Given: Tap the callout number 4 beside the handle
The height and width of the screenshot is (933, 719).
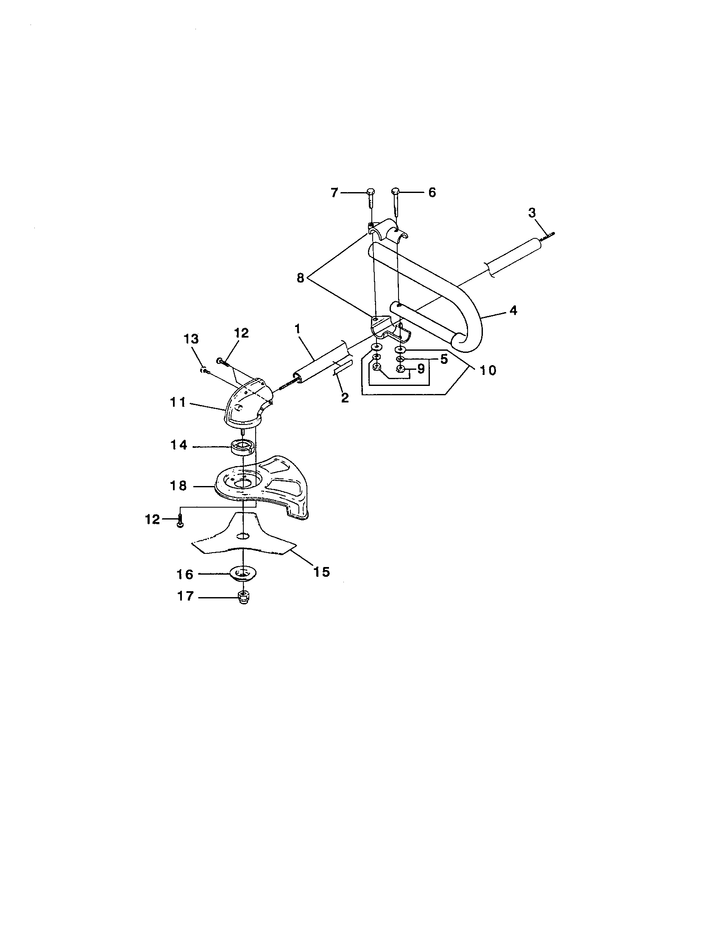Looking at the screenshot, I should [x=513, y=310].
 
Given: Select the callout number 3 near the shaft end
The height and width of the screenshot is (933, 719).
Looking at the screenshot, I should [x=532, y=212].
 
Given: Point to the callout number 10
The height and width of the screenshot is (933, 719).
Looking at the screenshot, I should [x=488, y=370].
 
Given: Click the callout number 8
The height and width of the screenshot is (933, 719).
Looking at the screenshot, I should [x=301, y=278].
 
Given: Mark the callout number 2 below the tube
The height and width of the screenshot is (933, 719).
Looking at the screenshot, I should [x=345, y=398].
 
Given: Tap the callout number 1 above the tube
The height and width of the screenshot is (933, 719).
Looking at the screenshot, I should [x=297, y=329].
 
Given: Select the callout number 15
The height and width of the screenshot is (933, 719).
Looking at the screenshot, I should [x=322, y=572].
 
